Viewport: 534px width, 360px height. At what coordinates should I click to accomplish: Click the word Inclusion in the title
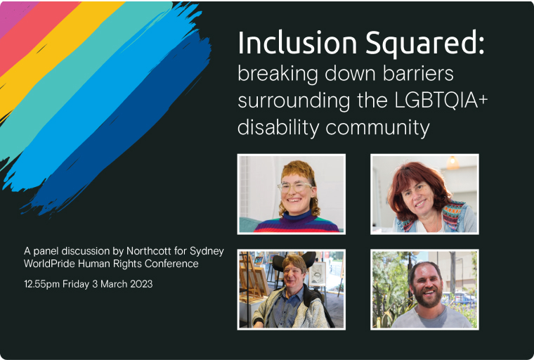(x=289, y=44)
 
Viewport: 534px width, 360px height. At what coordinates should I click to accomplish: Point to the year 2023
(x=139, y=284)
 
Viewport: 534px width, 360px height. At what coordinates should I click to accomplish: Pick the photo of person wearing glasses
(x=292, y=194)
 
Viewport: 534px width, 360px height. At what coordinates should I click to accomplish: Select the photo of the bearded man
(x=424, y=289)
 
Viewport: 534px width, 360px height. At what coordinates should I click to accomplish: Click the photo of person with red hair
(x=424, y=194)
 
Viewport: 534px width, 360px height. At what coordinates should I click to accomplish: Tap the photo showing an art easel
(x=292, y=289)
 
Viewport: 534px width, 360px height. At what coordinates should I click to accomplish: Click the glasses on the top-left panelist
(x=295, y=187)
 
